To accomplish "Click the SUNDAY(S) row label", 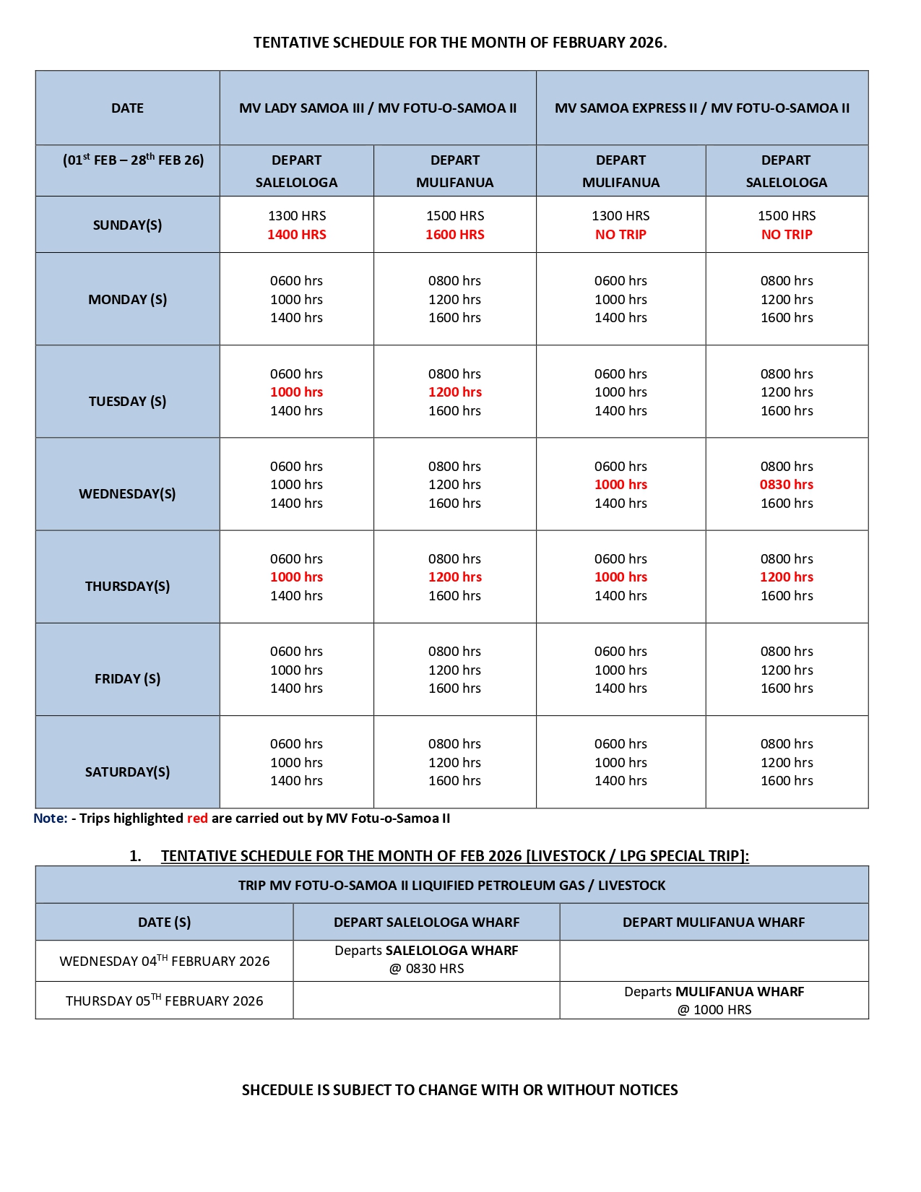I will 127,225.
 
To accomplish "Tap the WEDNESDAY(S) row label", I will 127,493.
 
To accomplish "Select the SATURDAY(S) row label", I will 127,772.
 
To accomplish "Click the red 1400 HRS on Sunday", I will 296,234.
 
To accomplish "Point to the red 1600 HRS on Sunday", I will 454,234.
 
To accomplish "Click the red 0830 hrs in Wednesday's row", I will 786,484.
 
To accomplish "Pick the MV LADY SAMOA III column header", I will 377,108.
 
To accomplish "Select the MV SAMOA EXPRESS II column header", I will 701,108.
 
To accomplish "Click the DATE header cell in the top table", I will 127,108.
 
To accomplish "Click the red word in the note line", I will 197,818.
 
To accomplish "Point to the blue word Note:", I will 50,818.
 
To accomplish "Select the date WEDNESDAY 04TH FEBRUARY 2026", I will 164,961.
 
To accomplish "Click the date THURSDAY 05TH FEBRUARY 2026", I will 164,1001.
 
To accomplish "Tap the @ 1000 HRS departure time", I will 714,1009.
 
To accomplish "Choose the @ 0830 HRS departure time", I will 426,968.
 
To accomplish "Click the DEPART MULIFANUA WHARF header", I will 713,922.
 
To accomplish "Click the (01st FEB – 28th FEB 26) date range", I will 133,160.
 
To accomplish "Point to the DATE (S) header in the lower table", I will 164,922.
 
